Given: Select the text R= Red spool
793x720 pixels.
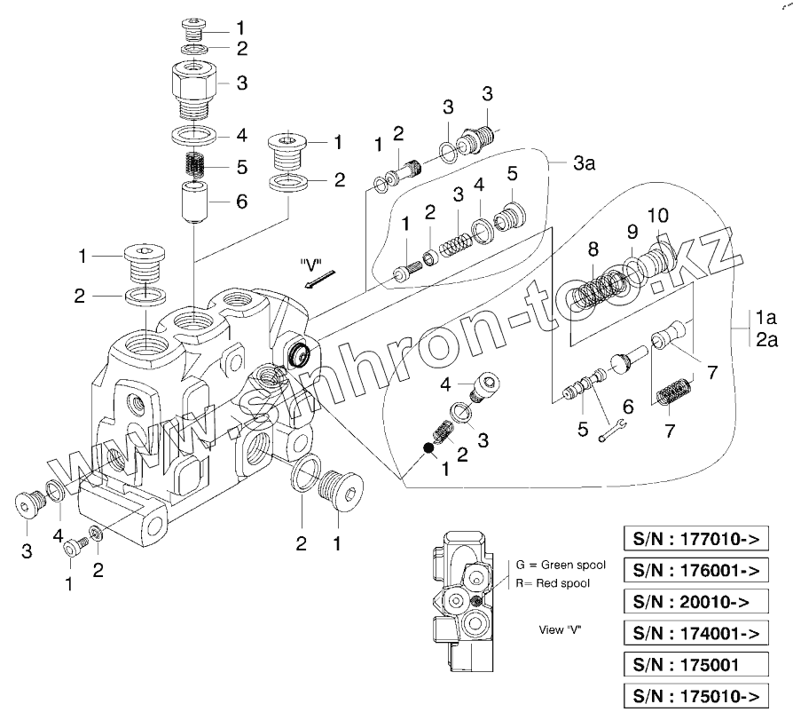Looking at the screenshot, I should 554,582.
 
